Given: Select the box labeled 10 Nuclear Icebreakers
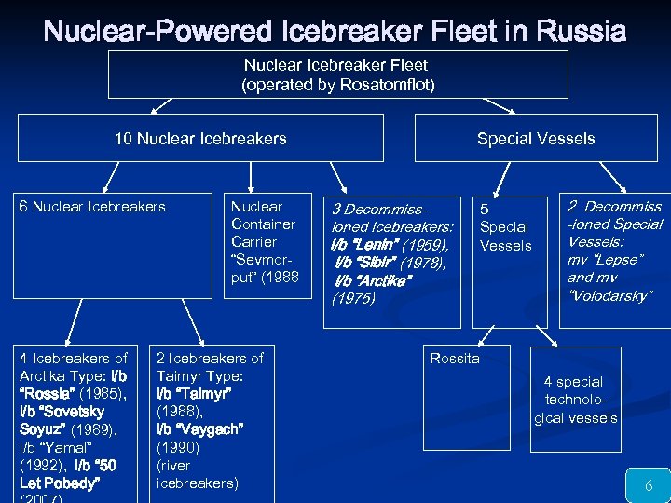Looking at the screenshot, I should (200, 139).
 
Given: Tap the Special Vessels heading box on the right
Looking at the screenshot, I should (536, 139).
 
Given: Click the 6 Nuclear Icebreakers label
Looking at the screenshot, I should (92, 207).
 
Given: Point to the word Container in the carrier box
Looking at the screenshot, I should (263, 224).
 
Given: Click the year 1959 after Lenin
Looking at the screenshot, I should (424, 245).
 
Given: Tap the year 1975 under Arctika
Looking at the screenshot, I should (353, 299).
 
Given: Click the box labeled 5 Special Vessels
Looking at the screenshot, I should (505, 227).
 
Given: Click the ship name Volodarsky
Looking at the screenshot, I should (610, 295).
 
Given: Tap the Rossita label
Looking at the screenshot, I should (454, 359).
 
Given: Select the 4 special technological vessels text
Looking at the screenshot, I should (575, 400).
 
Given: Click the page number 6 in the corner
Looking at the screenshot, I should (648, 485).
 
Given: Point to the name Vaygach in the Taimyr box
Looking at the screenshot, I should (200, 429).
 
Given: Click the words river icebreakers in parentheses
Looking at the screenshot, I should (197, 474).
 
